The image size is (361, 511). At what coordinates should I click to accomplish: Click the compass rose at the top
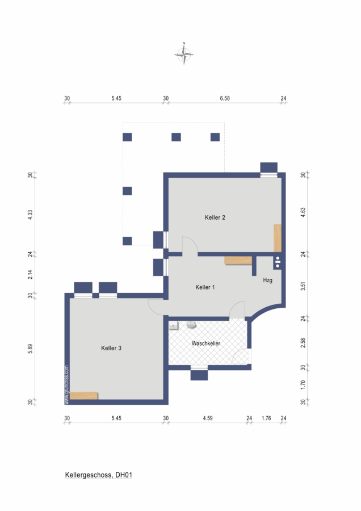184,54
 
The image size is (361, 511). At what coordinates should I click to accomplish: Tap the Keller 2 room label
215,217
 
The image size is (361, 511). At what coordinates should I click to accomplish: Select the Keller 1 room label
205,287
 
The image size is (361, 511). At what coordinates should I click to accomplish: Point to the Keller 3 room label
111,348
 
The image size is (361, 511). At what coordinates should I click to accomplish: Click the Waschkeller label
206,343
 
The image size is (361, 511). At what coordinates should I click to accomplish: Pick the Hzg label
267,280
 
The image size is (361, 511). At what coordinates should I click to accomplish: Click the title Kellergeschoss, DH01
98,475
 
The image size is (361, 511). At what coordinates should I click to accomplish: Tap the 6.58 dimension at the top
225,98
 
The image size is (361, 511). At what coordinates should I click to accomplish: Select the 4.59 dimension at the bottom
208,418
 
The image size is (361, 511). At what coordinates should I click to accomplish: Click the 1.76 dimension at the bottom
266,418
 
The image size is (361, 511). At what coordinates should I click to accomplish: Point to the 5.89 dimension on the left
30,349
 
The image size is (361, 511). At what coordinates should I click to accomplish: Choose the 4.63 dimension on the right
303,212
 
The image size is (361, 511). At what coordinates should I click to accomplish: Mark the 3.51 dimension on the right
303,286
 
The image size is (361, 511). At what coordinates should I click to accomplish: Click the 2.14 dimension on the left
30,274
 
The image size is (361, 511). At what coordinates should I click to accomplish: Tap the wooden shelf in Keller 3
84,396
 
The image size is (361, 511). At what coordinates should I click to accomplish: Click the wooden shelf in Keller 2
277,238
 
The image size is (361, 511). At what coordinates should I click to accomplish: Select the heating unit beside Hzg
278,262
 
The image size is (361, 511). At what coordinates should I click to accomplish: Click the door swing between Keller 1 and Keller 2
190,244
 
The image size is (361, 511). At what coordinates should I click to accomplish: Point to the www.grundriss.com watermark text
67,384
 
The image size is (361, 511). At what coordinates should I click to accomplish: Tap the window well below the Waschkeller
199,375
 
